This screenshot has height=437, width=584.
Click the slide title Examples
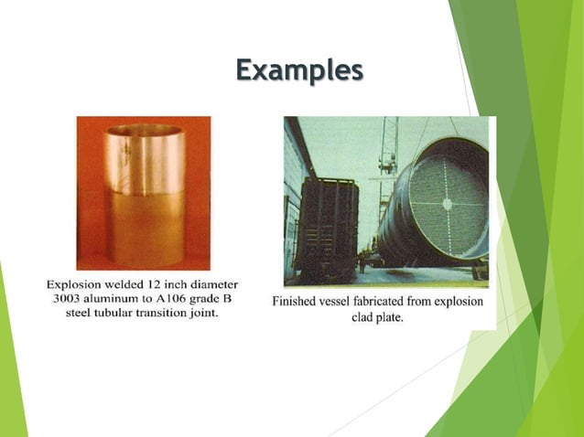(298, 69)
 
